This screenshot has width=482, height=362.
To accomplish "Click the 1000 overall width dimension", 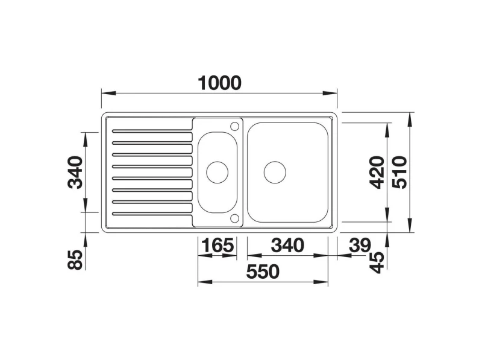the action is click(219, 83).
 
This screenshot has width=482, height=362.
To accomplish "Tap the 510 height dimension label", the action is click(400, 173).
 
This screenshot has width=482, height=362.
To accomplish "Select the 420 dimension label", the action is click(377, 173).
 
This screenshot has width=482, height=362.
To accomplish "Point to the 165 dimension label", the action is click(218, 246).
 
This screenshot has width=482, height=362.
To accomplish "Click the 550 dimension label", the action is click(263, 271).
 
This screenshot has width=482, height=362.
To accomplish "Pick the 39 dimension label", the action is click(360, 246).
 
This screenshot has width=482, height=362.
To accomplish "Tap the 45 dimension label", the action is click(377, 262).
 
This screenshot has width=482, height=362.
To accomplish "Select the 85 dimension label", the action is click(75, 259).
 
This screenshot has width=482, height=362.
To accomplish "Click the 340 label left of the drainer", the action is click(75, 173).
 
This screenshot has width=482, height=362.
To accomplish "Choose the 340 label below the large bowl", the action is click(287, 246).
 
